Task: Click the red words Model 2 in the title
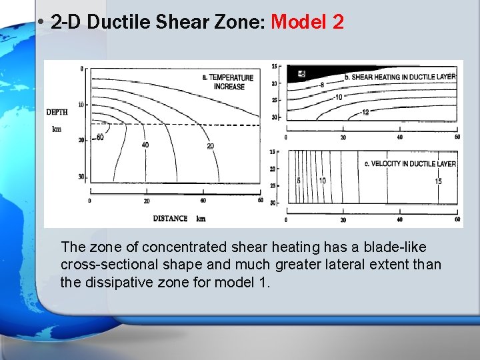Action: point(307,22)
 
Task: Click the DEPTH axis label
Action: point(57,112)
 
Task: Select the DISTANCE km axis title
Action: point(179,218)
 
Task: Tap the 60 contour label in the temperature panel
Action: point(99,137)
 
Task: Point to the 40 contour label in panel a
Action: point(145,145)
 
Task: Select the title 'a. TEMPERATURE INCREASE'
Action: point(229,82)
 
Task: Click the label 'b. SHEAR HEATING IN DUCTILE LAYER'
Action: point(400,77)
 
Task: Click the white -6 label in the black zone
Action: point(301,73)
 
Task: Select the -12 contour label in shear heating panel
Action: point(364,112)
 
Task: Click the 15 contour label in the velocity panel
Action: point(438,181)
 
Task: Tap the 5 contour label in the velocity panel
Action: point(299,181)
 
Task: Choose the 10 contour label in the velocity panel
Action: point(321,181)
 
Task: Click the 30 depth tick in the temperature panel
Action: point(81,177)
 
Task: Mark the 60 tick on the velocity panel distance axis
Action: point(457,219)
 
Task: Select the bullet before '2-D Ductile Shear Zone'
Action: point(41,23)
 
